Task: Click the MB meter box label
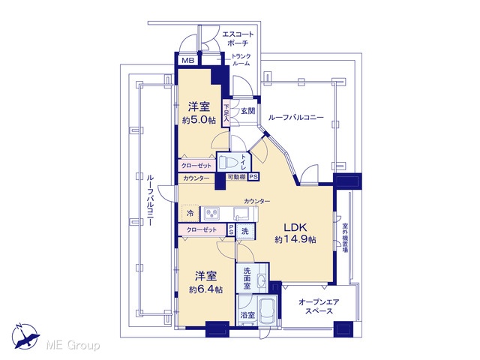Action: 188,61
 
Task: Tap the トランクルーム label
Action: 241,60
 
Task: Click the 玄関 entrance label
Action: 247,110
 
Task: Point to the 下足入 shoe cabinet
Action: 226,112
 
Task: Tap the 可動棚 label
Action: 237,177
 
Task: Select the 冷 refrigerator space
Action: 190,213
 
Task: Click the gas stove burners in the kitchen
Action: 211,213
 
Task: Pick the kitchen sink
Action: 241,213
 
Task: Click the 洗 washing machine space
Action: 245,232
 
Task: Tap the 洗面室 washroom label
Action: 247,278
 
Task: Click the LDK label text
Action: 295,227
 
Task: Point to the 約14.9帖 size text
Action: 295,239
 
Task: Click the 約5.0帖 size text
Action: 199,120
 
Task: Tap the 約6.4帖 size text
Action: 205,289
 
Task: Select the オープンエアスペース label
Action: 319,307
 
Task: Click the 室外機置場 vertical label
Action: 345,238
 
